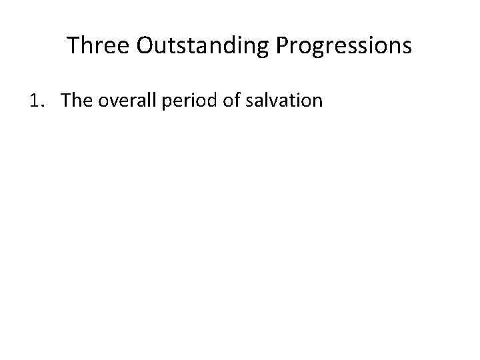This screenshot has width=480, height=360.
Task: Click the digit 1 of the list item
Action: (x=34, y=101)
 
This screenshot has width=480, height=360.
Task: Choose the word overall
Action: (x=123, y=101)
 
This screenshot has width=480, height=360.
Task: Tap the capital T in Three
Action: (x=73, y=45)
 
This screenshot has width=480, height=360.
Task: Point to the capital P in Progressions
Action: (x=280, y=45)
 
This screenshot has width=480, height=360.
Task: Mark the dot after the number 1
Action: (x=41, y=105)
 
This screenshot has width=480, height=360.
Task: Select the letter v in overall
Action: (x=109, y=102)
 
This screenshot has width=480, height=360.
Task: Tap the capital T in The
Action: (x=65, y=101)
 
